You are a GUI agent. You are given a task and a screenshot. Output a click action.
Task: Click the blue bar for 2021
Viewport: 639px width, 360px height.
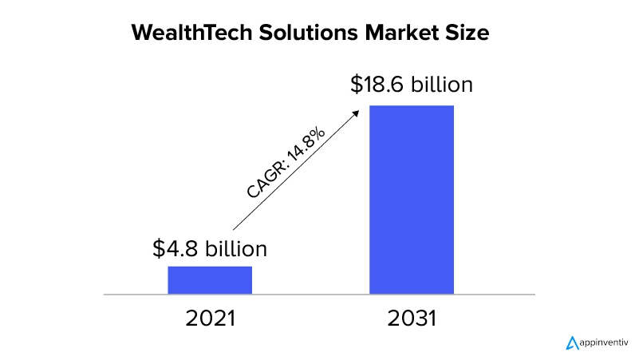pyautogui.click(x=210, y=280)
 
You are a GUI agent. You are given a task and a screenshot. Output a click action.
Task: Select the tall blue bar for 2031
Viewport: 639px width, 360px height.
pyautogui.click(x=412, y=200)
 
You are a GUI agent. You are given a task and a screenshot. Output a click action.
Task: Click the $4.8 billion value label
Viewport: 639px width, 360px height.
pyautogui.click(x=210, y=248)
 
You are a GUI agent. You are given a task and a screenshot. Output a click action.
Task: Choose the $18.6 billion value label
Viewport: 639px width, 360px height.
pyautogui.click(x=412, y=85)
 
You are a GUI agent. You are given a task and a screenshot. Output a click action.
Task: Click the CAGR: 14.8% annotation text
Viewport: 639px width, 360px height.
pyautogui.click(x=285, y=163)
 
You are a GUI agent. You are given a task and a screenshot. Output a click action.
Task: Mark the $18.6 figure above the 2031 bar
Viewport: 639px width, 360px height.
pyautogui.click(x=375, y=85)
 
